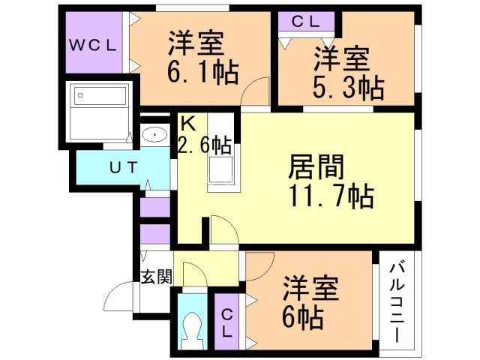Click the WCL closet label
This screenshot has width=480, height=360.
[x=93, y=45]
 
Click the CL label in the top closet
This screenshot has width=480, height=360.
[x=304, y=21]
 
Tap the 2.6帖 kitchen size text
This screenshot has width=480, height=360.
[x=204, y=142]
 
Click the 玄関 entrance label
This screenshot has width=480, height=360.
[x=156, y=276]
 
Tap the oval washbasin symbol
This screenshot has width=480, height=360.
[x=154, y=136]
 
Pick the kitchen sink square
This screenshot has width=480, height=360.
[x=221, y=172]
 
